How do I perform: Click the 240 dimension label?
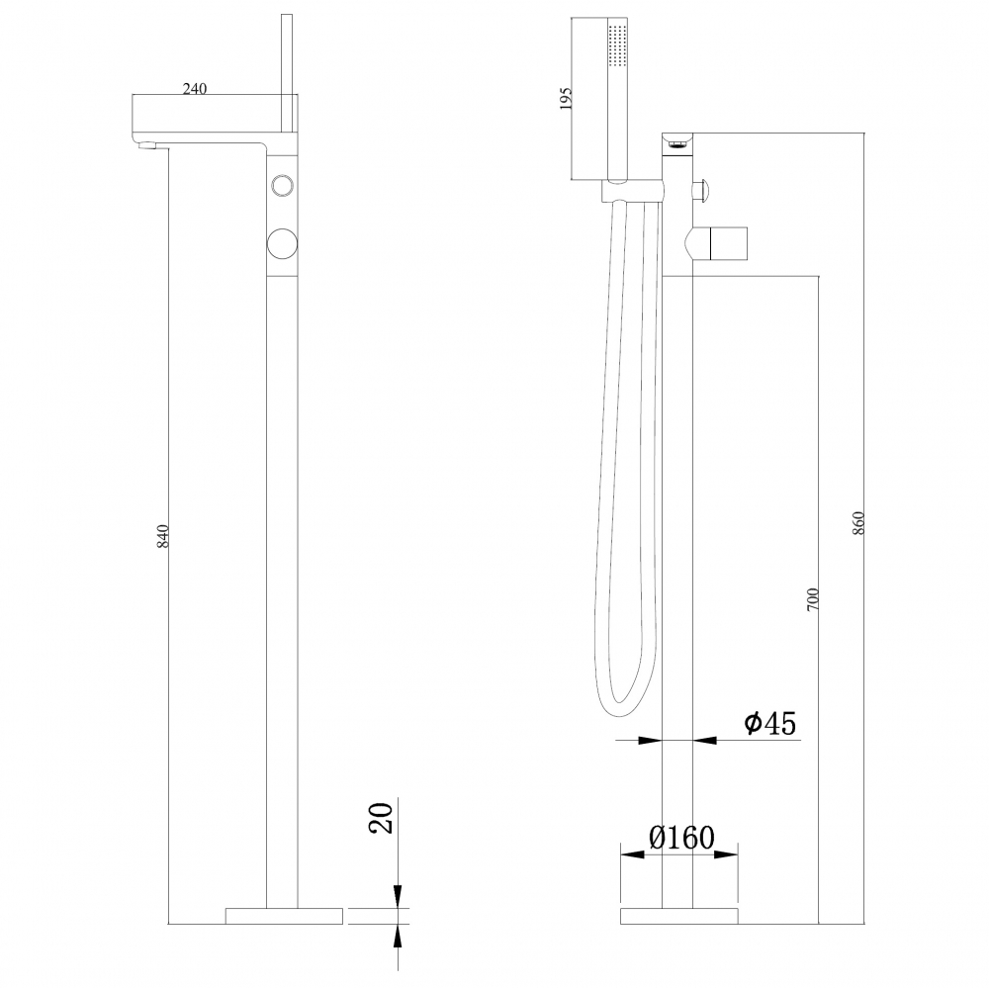(x=194, y=88)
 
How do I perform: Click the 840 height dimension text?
(x=164, y=535)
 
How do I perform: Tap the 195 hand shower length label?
(x=566, y=100)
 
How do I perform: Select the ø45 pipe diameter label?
(x=769, y=724)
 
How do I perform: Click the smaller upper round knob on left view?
(x=282, y=185)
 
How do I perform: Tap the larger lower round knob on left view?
(x=282, y=241)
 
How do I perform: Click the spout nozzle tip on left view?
(x=146, y=147)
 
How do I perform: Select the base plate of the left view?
(x=284, y=915)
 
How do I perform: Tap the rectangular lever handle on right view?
(x=726, y=241)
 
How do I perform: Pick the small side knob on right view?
(x=705, y=189)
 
